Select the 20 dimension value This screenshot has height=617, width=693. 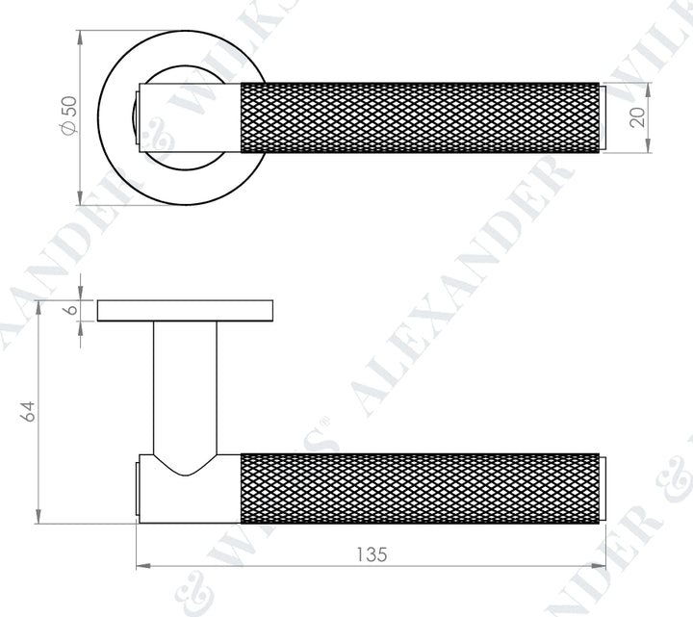(x=664, y=117)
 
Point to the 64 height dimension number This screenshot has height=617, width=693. (x=28, y=411)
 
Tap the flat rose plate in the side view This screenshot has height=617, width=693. (x=185, y=311)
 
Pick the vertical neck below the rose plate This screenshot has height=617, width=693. (x=185, y=385)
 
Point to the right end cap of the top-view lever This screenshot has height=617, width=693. (x=603, y=117)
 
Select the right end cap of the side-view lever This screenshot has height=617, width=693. (x=603, y=488)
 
